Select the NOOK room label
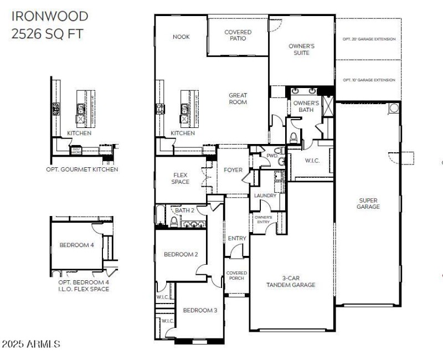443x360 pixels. tap(181, 37)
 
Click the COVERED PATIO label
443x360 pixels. tap(238, 35)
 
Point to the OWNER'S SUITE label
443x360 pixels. tap(302, 50)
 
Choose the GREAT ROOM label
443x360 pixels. tap(238, 99)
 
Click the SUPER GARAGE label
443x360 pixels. tap(369, 203)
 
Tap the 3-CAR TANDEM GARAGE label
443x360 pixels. tap(291, 281)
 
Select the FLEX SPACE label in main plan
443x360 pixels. tap(181, 178)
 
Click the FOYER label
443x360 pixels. tap(233, 170)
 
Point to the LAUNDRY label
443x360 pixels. tap(265, 196)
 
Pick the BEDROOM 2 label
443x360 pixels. tap(181, 255)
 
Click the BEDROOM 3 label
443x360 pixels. tap(200, 310)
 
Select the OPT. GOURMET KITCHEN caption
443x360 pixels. tap(82, 169)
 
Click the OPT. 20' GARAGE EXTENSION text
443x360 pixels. tap(369, 39)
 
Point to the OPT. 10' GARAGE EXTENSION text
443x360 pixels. tap(369, 80)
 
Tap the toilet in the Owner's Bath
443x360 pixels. tap(294, 137)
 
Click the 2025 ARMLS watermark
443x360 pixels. tap(31, 344)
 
